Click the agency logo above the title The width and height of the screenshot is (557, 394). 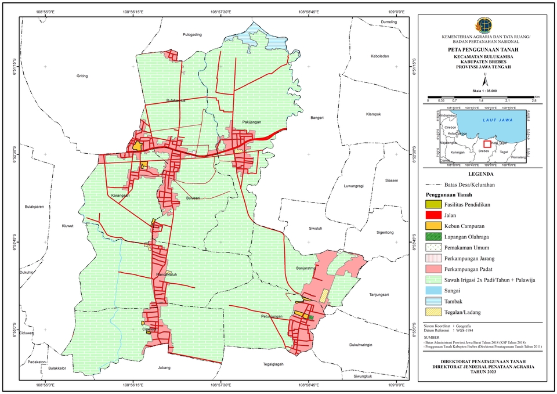(482, 26)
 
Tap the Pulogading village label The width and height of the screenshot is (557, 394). (192, 35)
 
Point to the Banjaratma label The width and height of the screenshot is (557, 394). (306, 269)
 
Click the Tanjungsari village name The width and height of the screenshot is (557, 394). (381, 295)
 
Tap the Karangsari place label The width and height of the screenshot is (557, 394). (121, 196)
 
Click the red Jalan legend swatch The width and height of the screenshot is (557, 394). (433, 215)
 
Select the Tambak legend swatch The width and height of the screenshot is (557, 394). (433, 301)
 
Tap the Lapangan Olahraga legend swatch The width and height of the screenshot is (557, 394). (433, 237)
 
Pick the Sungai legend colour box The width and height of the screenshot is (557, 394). (433, 290)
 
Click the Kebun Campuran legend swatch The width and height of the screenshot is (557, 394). (433, 226)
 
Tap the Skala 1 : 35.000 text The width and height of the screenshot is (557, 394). (484, 91)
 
